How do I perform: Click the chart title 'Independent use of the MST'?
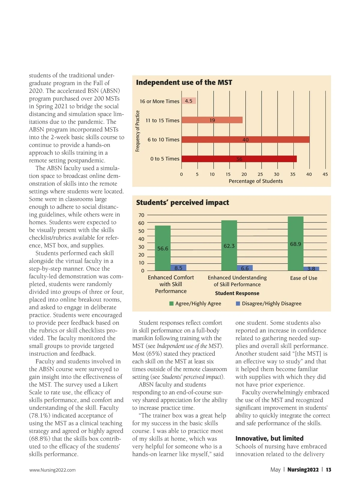point(184,82)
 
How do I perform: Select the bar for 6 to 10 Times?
point(245,140)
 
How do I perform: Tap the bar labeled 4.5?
point(189,101)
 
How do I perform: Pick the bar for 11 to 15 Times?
point(212,120)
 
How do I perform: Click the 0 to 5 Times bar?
point(239,159)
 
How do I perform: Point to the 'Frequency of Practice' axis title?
point(137,131)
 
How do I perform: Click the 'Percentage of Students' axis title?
point(256,181)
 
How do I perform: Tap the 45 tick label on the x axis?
point(325,174)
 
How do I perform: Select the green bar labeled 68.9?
point(295,243)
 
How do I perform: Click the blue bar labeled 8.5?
point(178,268)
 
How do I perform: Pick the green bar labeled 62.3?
point(229,246)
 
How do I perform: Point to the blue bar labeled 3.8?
point(311,269)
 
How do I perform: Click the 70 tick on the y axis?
point(141,215)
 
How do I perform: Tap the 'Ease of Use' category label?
point(304,278)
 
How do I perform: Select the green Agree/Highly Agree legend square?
point(172,303)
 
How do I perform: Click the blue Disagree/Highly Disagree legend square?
point(238,303)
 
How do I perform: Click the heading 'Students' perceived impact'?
point(182,203)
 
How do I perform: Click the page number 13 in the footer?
point(328,470)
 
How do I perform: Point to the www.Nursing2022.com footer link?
point(52,470)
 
